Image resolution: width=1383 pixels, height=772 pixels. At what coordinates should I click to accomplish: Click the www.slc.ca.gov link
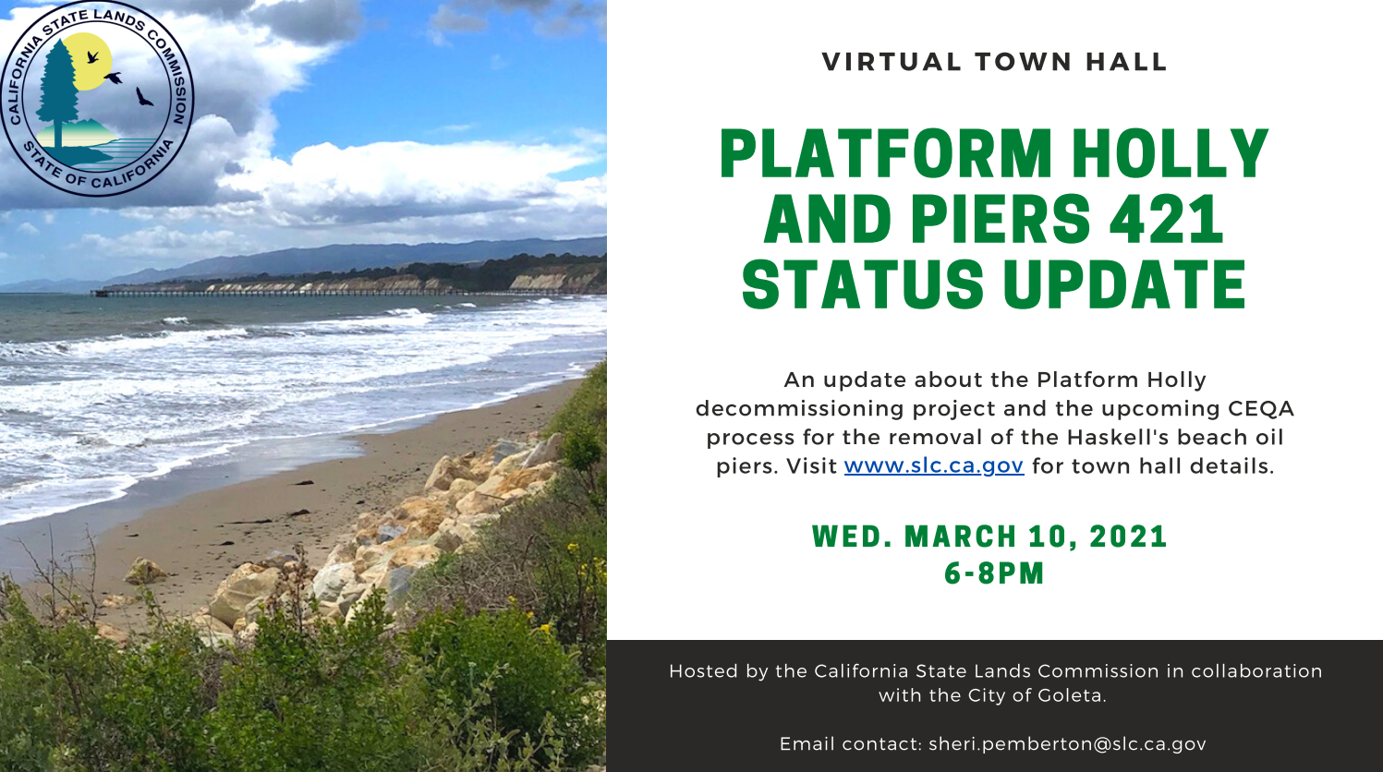click(933, 466)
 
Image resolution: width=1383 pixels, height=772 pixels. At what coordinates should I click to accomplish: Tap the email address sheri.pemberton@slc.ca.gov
click(1067, 744)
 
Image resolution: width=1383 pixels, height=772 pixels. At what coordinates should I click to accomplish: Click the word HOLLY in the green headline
click(1170, 153)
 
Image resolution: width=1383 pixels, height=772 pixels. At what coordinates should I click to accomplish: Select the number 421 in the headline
click(1166, 220)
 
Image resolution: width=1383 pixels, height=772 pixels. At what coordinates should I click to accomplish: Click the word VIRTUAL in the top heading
click(892, 62)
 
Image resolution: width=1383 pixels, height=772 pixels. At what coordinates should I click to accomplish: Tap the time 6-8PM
click(994, 573)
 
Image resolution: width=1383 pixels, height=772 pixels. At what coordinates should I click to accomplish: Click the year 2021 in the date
click(1128, 537)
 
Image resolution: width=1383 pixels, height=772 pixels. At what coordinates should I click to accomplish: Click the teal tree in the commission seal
click(57, 92)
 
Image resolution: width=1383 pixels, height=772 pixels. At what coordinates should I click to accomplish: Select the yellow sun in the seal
click(87, 60)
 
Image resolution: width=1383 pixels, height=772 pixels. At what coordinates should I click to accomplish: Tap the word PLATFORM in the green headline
click(885, 153)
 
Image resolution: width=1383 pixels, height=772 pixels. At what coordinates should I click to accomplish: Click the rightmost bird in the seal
click(144, 97)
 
